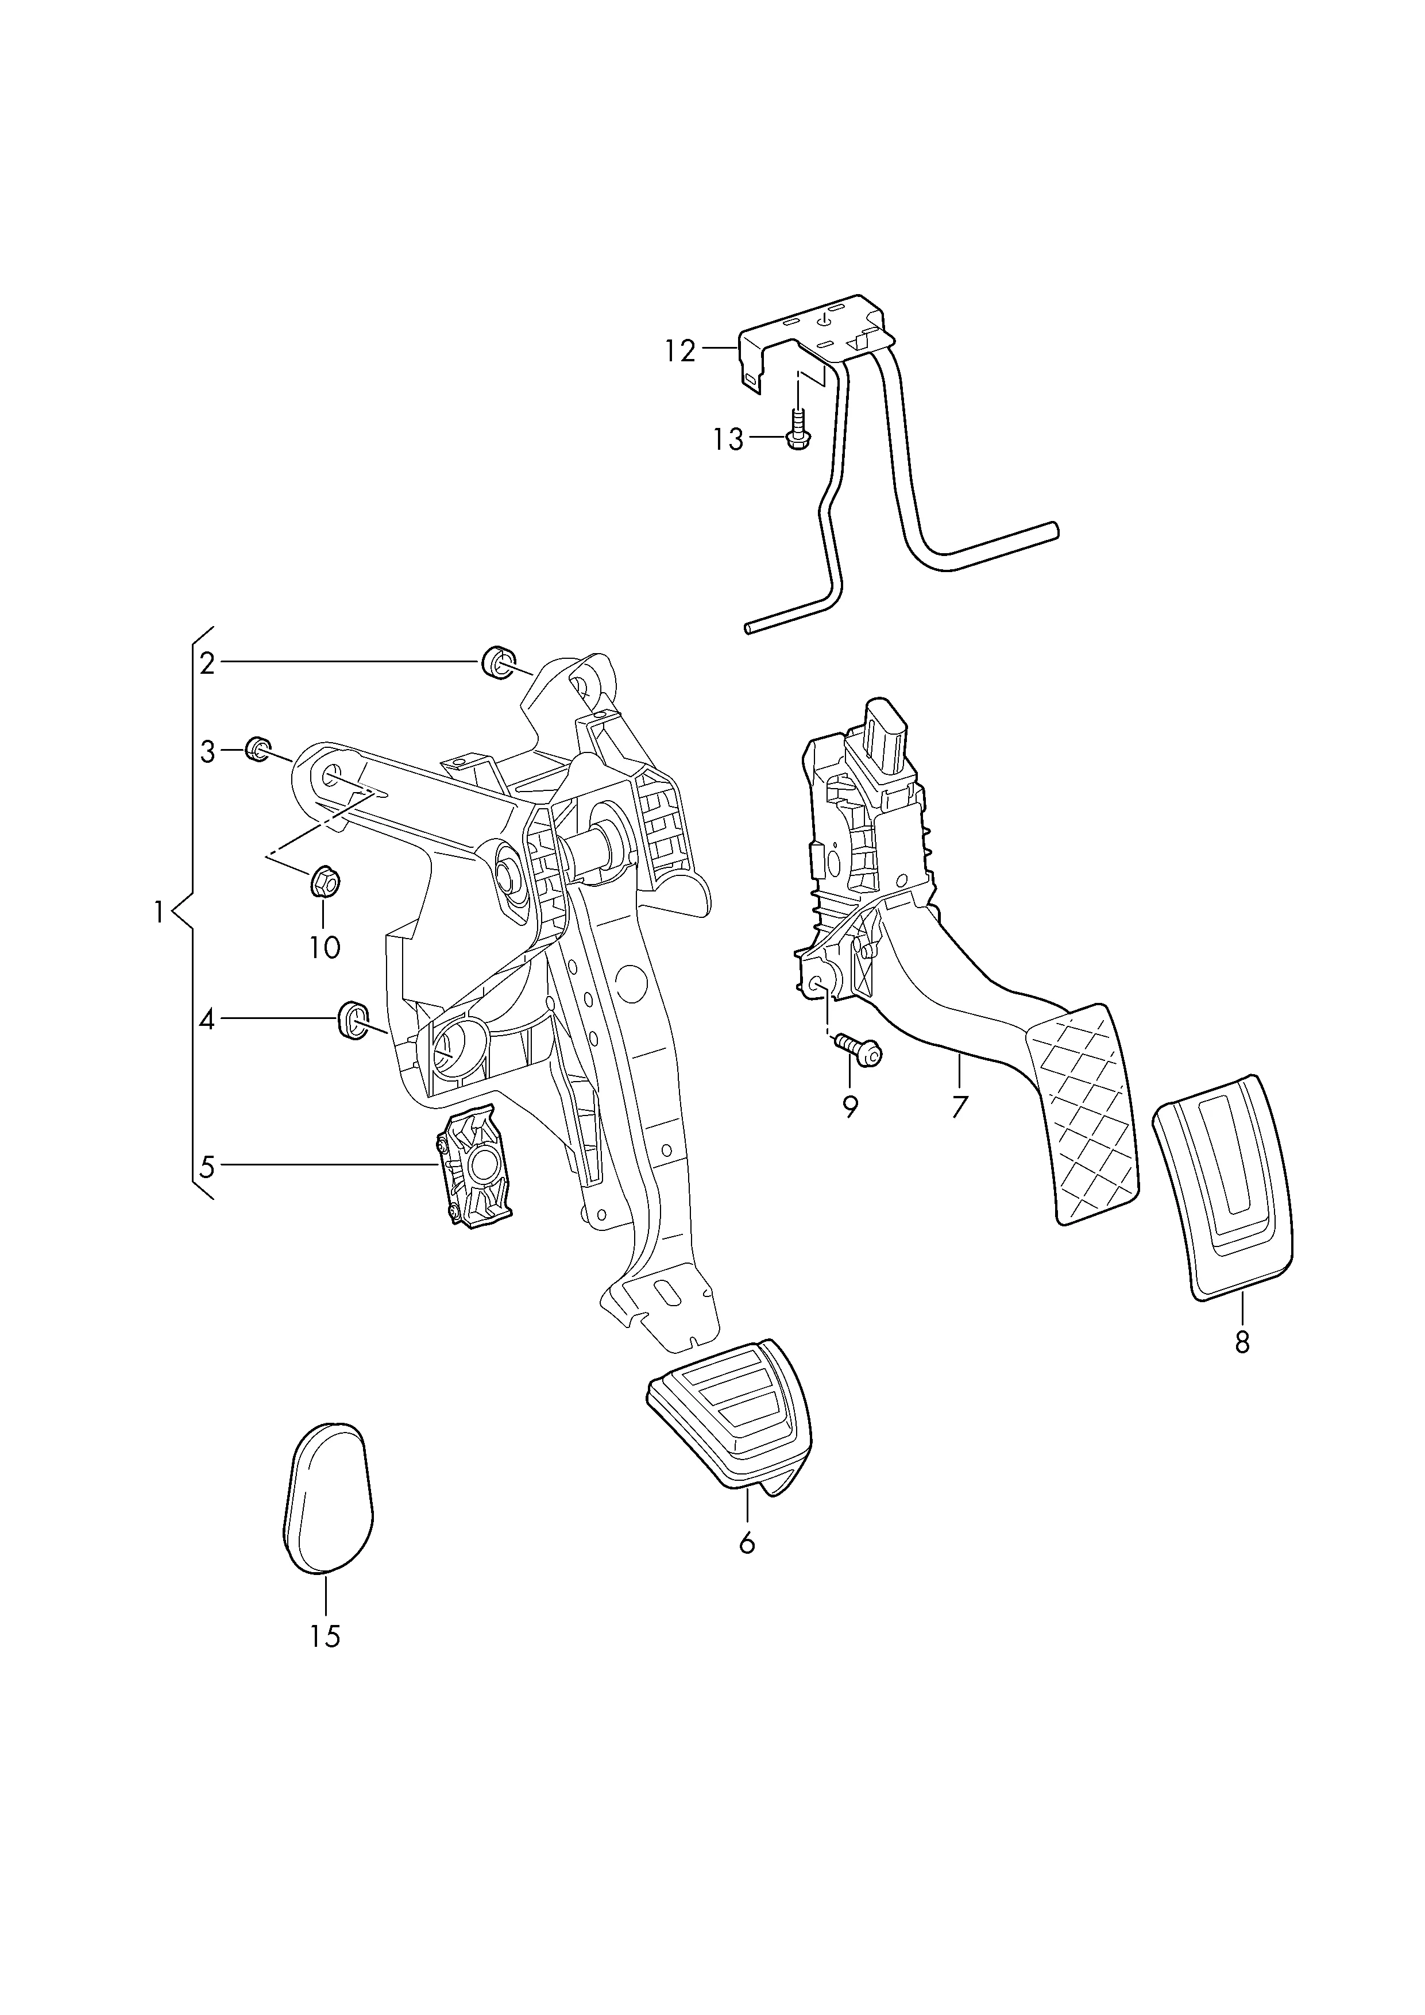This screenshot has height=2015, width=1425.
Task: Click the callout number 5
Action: (207, 1167)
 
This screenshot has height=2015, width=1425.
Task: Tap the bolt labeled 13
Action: (797, 430)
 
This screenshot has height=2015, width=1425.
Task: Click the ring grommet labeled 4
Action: (353, 1019)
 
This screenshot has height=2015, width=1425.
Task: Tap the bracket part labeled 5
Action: (474, 1167)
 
